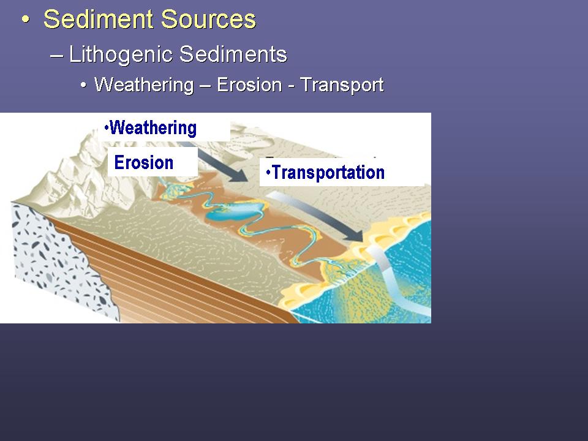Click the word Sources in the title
click(x=208, y=19)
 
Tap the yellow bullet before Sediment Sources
click(x=26, y=19)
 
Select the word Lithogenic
click(x=121, y=55)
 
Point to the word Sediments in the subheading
click(x=233, y=54)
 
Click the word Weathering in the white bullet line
click(x=144, y=85)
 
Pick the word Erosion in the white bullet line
click(x=249, y=85)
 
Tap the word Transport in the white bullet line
click(x=342, y=85)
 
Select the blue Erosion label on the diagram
click(x=143, y=162)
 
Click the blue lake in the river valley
click(x=235, y=213)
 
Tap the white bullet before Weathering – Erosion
click(x=83, y=86)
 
